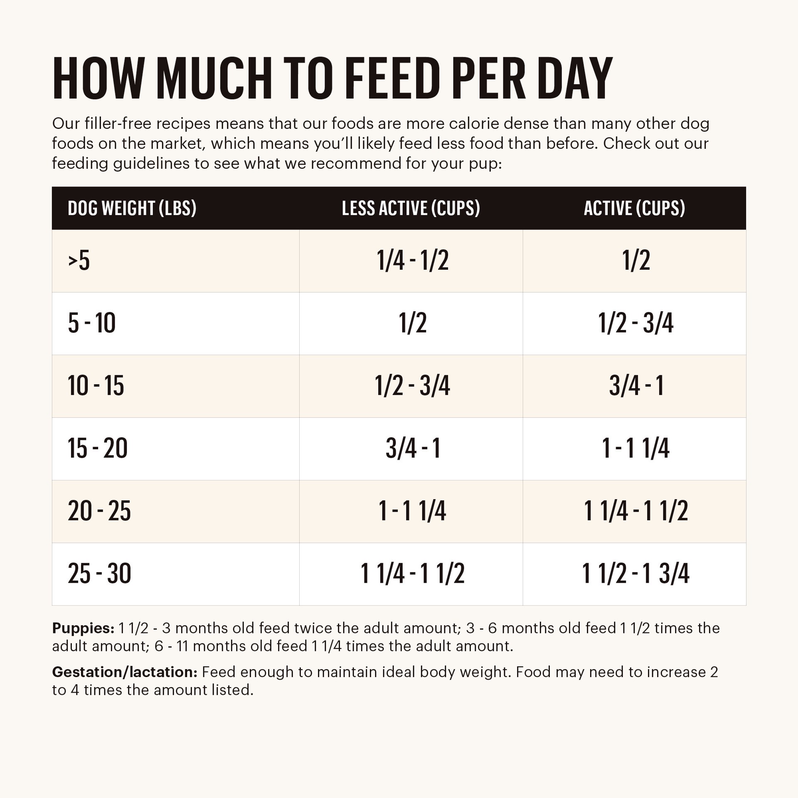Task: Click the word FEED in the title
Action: [392, 79]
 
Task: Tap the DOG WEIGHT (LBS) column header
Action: [132, 208]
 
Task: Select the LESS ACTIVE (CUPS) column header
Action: [411, 208]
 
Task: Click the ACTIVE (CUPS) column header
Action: [634, 208]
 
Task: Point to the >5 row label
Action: [79, 261]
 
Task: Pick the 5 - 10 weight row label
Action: [91, 323]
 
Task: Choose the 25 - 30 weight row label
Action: [99, 574]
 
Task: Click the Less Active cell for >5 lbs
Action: [412, 261]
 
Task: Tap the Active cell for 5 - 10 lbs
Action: [635, 323]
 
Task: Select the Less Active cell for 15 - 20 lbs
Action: [413, 448]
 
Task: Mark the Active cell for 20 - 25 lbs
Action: [635, 511]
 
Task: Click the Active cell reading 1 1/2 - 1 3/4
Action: [635, 574]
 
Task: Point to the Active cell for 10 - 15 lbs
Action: [636, 386]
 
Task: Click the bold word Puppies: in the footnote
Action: [83, 628]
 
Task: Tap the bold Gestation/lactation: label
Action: [124, 672]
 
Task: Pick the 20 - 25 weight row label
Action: [99, 511]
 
